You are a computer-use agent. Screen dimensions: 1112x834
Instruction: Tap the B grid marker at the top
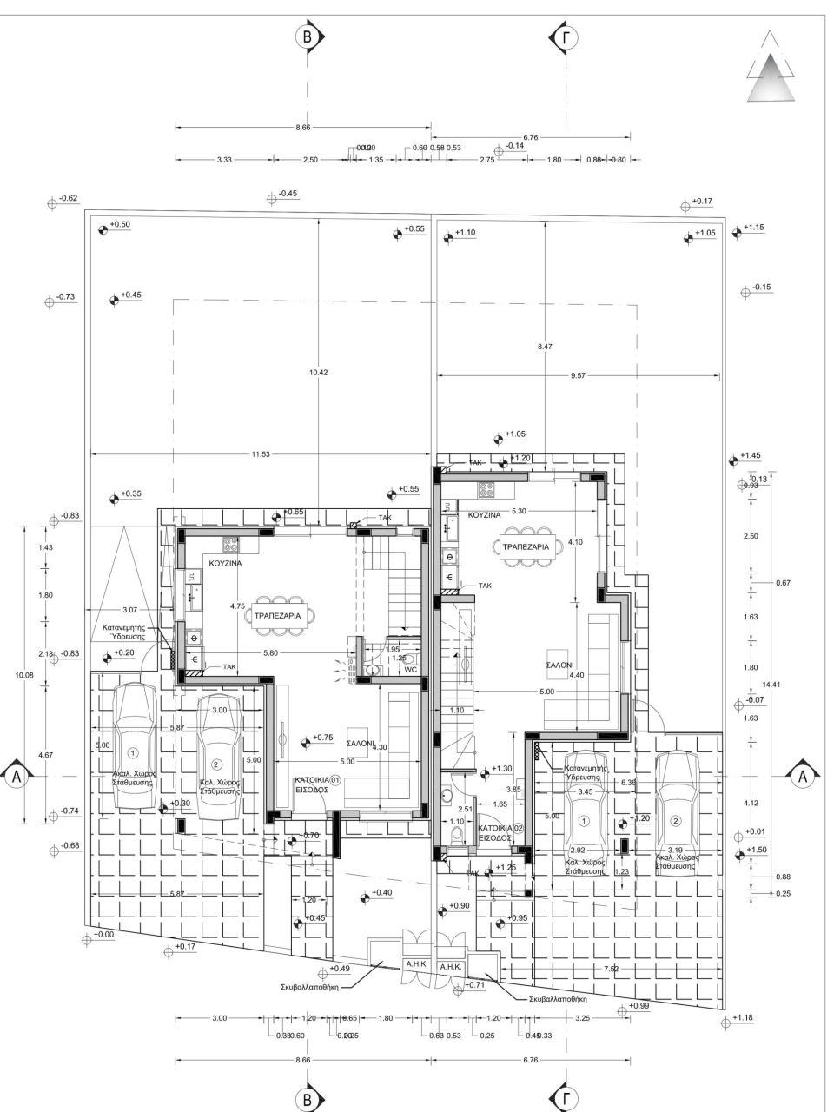(307, 36)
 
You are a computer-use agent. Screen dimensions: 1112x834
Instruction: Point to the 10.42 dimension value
(319, 373)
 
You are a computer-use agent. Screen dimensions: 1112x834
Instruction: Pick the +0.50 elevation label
(121, 225)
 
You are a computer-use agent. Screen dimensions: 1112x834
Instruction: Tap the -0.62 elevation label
(68, 199)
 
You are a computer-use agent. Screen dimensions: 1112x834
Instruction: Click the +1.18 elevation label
(744, 1017)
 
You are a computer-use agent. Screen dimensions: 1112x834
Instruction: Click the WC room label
(412, 670)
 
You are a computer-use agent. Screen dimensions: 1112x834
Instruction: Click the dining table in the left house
(277, 614)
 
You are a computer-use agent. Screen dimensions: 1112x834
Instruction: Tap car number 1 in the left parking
(132, 752)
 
